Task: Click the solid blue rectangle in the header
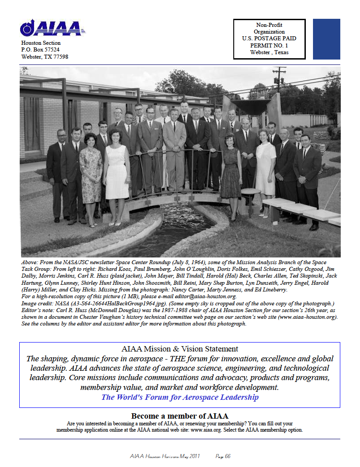click(x=326, y=39)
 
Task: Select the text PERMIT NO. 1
click(x=269, y=45)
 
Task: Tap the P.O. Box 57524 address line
click(x=40, y=50)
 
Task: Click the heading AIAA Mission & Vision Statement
click(x=180, y=349)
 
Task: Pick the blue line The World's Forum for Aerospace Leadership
click(x=180, y=397)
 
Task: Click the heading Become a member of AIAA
click(x=180, y=416)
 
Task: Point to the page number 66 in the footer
click(x=227, y=456)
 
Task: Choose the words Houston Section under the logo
click(x=41, y=43)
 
